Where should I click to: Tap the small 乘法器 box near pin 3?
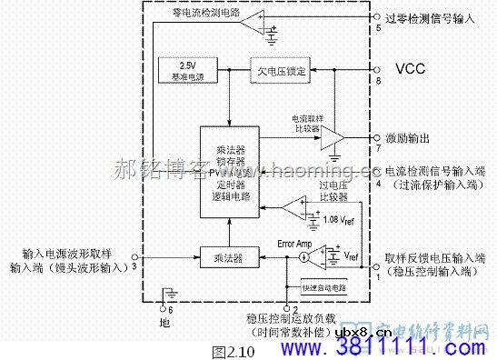pyautogui.click(x=224, y=258)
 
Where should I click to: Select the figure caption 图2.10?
pyautogui.click(x=221, y=350)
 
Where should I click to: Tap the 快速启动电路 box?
pyautogui.click(x=325, y=287)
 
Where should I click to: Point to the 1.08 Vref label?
pyautogui.click(x=339, y=219)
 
